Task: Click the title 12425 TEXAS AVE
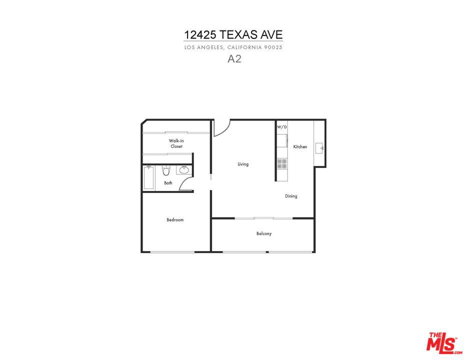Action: click(233, 35)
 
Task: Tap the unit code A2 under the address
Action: click(234, 59)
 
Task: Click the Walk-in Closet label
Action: click(176, 143)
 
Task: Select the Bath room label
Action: click(168, 183)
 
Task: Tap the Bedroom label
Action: click(175, 219)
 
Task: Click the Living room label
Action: click(243, 164)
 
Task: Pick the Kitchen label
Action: click(300, 146)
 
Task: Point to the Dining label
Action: click(291, 196)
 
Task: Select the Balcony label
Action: click(264, 233)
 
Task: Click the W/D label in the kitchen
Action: click(282, 127)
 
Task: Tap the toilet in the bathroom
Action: click(166, 171)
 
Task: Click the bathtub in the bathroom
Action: click(148, 178)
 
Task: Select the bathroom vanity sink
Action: click(184, 170)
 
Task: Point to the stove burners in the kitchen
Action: click(282, 164)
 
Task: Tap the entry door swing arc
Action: click(225, 131)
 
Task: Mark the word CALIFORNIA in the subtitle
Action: click(245, 47)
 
